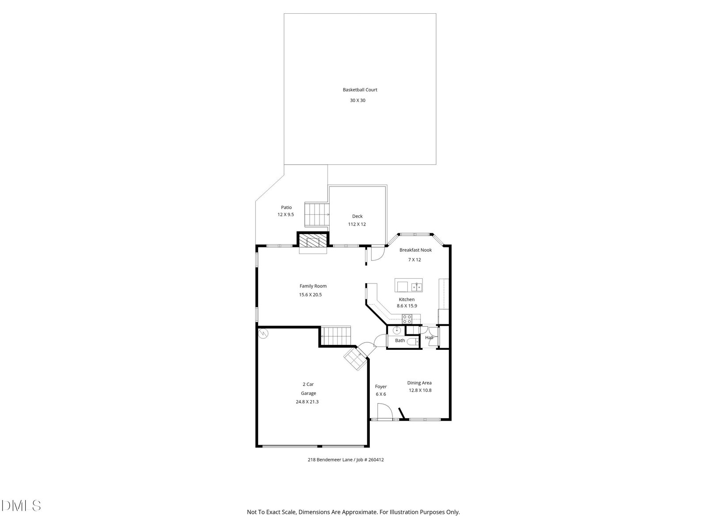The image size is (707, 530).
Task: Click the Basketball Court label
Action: (x=360, y=90)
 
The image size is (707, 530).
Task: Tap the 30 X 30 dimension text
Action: (x=357, y=100)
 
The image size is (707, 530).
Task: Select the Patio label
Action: (x=286, y=208)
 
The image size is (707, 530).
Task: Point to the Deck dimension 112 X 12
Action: (x=357, y=224)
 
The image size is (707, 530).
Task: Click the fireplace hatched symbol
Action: (x=312, y=241)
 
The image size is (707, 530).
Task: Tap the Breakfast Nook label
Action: (x=415, y=250)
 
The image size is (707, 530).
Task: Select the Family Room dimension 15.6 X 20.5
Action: (x=310, y=295)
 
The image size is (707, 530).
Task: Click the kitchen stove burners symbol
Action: (x=407, y=319)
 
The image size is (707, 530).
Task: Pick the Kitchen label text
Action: (x=407, y=299)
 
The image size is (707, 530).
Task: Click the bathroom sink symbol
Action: (x=397, y=330)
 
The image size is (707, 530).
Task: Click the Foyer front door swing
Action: (x=385, y=412)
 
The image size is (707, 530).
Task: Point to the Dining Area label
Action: (x=419, y=383)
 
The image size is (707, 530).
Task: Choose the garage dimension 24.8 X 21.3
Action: (x=307, y=402)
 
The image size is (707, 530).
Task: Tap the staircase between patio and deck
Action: (x=317, y=214)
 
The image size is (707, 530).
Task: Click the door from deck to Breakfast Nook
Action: (x=378, y=253)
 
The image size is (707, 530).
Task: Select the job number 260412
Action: (x=376, y=460)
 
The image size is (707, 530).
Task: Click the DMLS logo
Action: (x=21, y=506)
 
